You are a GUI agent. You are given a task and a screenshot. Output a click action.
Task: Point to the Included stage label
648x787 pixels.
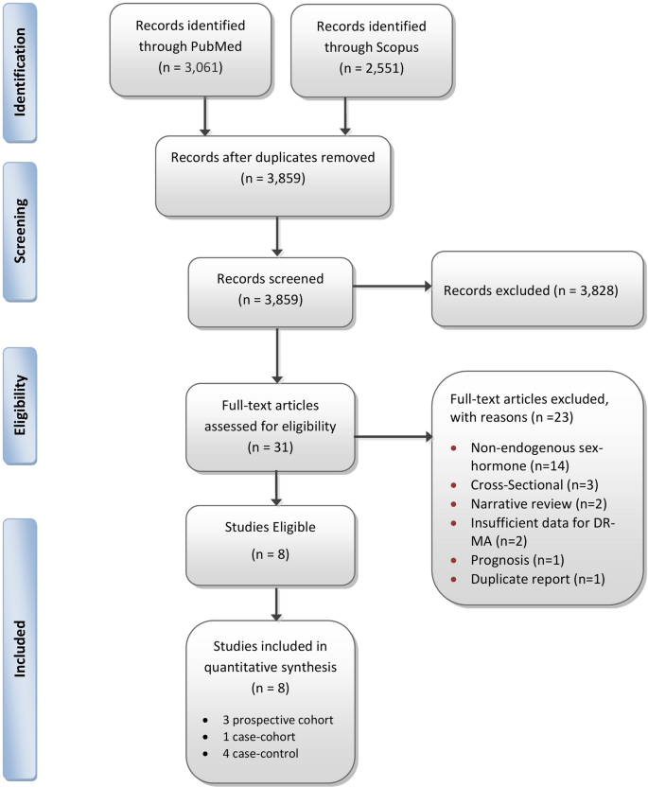(36, 652)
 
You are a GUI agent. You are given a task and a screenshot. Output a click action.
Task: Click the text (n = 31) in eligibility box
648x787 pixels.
(273, 447)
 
